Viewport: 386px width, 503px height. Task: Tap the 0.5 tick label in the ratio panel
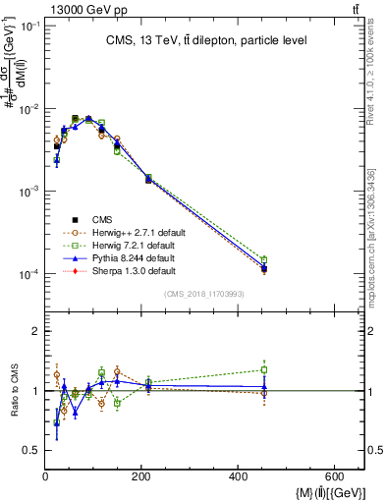pos(31,450)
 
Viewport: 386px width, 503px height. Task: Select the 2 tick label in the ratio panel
pos(35,332)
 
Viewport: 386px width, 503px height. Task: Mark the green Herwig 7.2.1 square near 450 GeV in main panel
pos(264,259)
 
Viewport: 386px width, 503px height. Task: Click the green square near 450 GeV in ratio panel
pos(264,370)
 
